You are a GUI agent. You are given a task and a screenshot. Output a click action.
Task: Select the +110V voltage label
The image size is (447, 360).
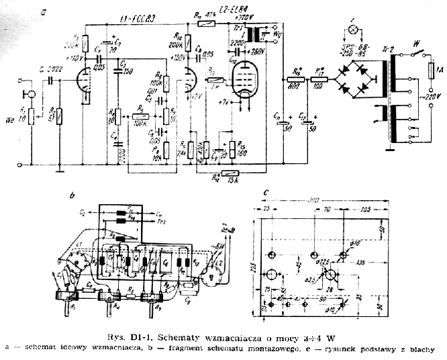pyautogui.click(x=74, y=58)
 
